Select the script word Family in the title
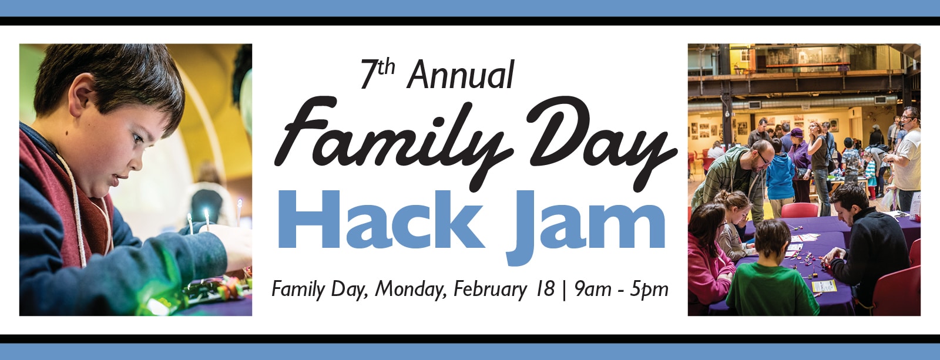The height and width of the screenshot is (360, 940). pos(394,139)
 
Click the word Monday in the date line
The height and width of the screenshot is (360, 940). pos(411,290)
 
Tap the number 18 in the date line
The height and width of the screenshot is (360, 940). pos(545,290)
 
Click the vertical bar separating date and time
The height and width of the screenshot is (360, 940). pos(564,290)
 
